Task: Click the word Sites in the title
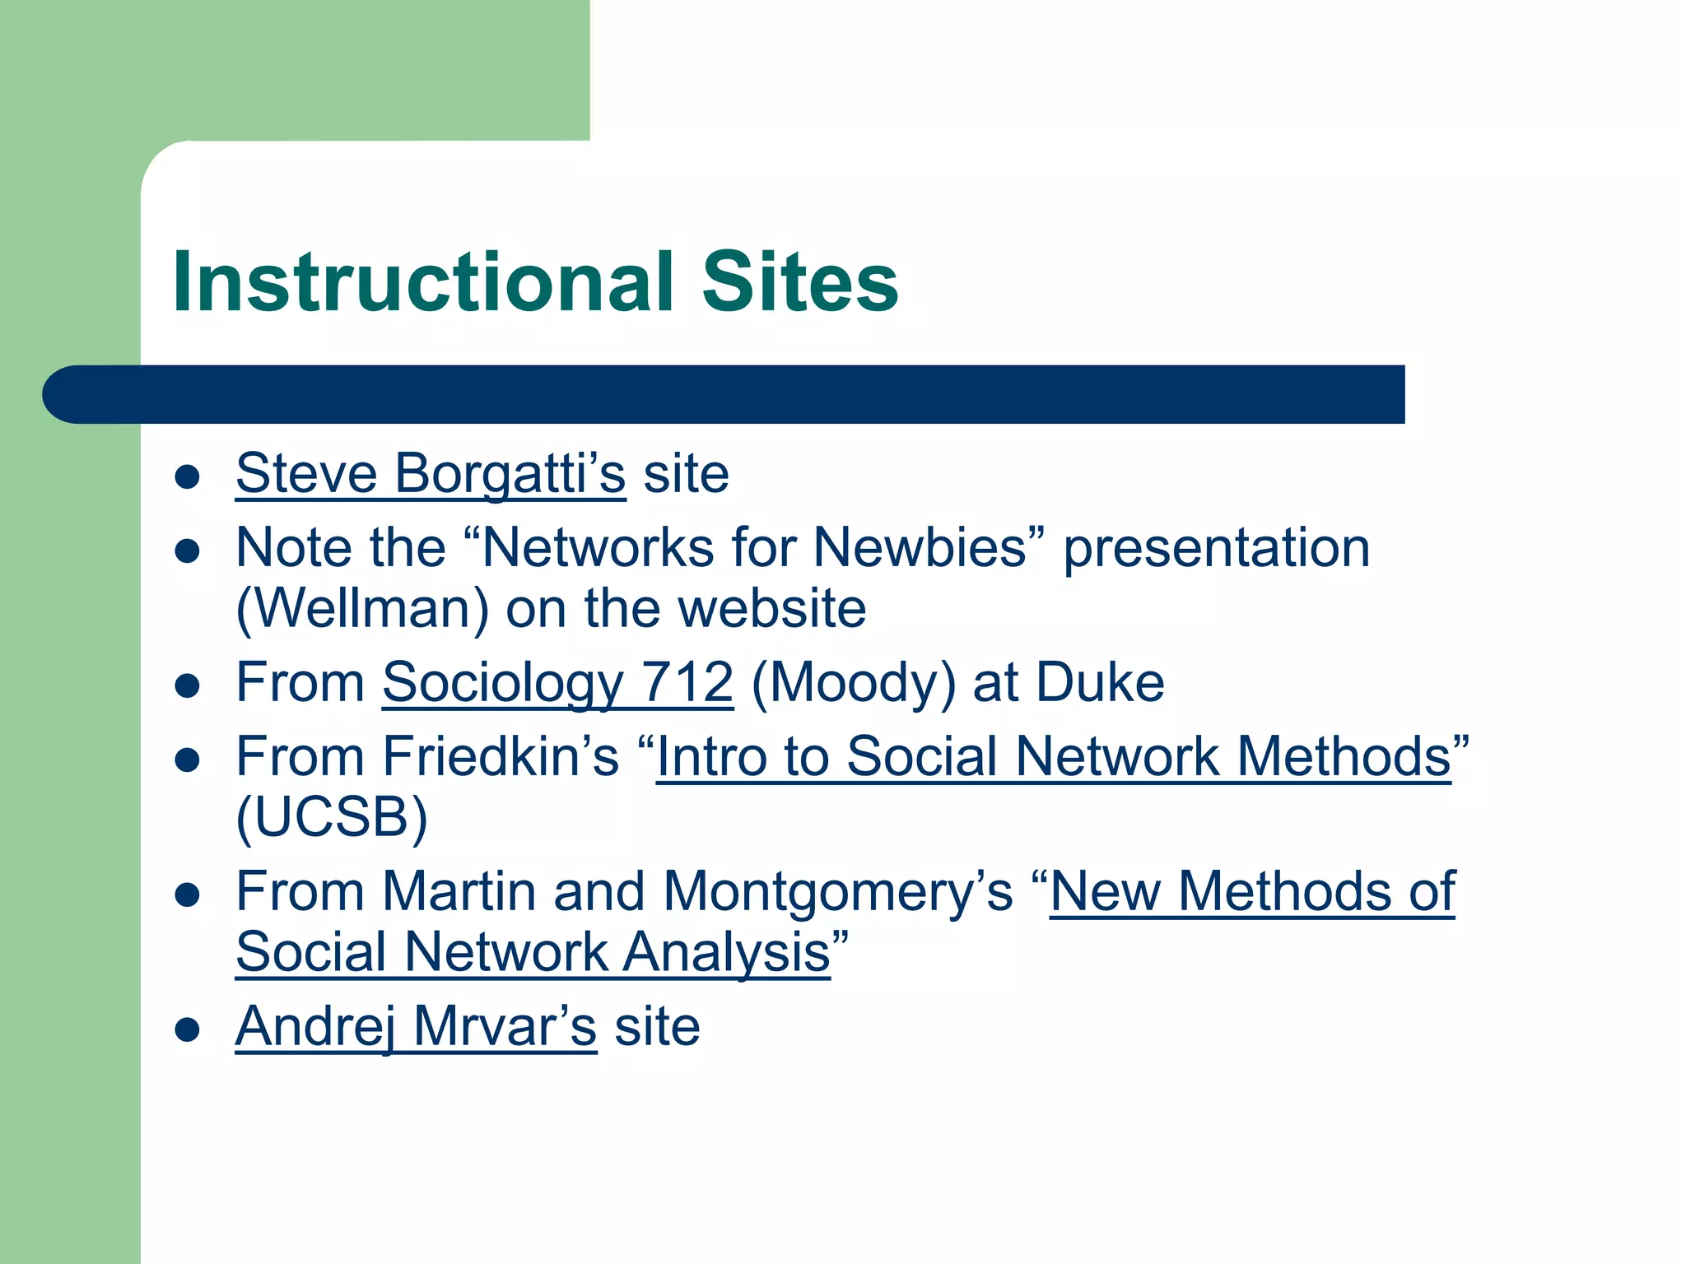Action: (x=799, y=282)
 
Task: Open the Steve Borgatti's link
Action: (x=431, y=474)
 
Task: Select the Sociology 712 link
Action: (x=557, y=683)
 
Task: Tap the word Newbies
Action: (x=920, y=548)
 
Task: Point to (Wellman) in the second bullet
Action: (x=362, y=609)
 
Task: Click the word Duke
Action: (x=1100, y=683)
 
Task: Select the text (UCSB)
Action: (x=332, y=818)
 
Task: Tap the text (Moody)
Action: (x=853, y=683)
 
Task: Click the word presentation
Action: (x=1216, y=548)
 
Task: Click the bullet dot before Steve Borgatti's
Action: (x=188, y=476)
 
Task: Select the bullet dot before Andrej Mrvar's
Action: (x=188, y=1029)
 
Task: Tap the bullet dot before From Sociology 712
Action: (x=188, y=685)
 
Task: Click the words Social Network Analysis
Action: (x=533, y=952)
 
